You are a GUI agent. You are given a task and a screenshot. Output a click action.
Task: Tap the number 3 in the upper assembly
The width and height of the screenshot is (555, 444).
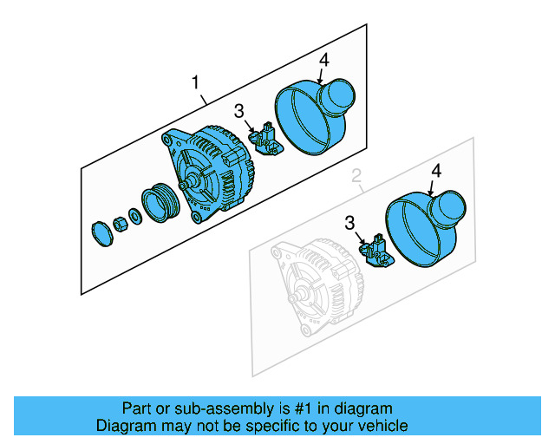pyautogui.click(x=238, y=111)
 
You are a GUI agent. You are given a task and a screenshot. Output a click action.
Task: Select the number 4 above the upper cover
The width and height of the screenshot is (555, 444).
pyautogui.click(x=323, y=60)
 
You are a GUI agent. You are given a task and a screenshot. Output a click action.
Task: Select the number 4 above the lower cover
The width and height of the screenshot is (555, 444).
pyautogui.click(x=436, y=172)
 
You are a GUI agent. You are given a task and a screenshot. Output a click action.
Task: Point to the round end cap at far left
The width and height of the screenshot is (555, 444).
pyautogui.click(x=101, y=232)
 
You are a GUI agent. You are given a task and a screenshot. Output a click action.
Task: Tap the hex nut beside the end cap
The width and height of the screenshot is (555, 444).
pyautogui.click(x=121, y=223)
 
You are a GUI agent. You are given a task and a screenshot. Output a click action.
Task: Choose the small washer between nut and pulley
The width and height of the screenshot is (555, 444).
pyautogui.click(x=135, y=215)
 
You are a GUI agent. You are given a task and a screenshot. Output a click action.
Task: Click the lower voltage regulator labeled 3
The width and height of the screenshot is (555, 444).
pyautogui.click(x=378, y=251)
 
